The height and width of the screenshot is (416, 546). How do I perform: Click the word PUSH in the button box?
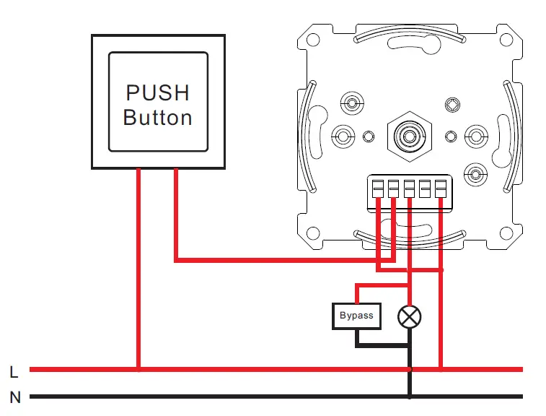click(157, 92)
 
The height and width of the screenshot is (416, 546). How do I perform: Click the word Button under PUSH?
click(157, 117)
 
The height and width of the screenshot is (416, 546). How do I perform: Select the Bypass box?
click(356, 316)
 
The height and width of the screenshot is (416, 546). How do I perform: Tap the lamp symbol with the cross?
click(410, 316)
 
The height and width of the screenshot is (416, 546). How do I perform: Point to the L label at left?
click(14, 372)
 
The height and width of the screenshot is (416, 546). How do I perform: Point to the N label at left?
click(14, 397)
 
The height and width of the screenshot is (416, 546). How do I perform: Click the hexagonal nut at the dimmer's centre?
click(410, 136)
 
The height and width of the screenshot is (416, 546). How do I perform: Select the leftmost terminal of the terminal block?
click(378, 189)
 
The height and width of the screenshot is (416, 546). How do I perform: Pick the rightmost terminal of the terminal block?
click(440, 189)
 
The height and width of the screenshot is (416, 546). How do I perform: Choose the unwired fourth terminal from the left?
click(425, 189)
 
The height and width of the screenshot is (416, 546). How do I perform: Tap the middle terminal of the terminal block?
click(409, 189)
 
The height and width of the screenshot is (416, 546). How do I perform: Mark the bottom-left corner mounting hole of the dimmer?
click(314, 233)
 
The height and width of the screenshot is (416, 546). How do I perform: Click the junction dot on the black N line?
click(410, 370)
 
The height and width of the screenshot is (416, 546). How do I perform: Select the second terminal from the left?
click(393, 189)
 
